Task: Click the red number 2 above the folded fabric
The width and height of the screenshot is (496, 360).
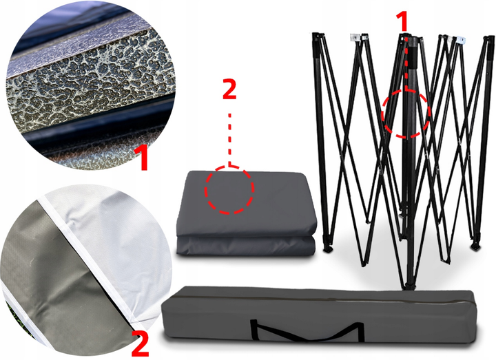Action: pos(229,89)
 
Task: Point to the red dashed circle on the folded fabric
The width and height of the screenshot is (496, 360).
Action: pos(205,190)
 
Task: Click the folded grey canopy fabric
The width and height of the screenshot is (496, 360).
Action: pos(247,213)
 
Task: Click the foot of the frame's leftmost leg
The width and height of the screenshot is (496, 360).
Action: pos(327,248)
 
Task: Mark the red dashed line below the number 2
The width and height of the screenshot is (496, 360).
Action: pos(230,140)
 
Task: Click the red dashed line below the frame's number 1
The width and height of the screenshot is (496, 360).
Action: pos(406,63)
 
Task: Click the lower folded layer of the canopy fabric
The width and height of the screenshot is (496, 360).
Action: pos(246,246)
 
